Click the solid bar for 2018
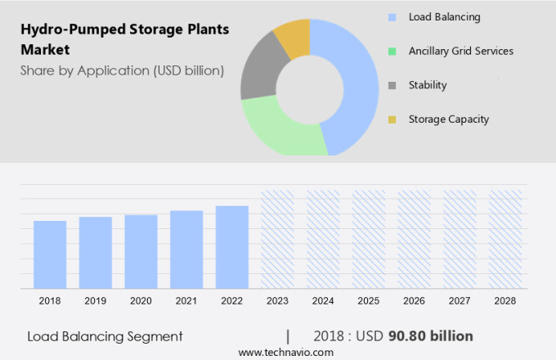[50, 254]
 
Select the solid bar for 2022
[232, 247]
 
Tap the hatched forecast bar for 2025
[369, 239]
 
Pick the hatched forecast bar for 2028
[505, 239]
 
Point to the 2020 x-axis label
[141, 301]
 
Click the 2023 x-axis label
[277, 301]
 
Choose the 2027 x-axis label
[460, 301]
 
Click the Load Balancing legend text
[444, 17]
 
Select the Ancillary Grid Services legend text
[460, 51]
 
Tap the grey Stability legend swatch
[392, 85]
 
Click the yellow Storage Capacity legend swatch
[392, 119]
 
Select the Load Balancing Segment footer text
[105, 336]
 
